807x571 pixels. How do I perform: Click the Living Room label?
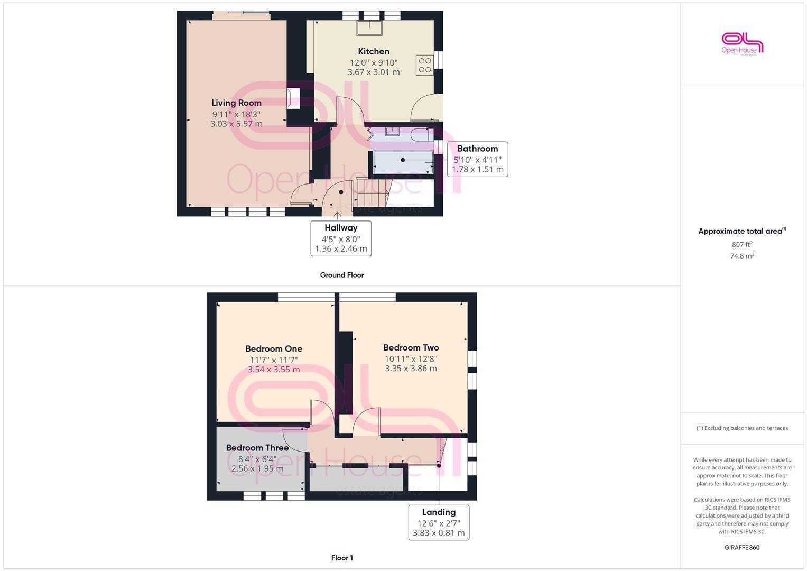(236, 103)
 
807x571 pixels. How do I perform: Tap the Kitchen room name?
(374, 51)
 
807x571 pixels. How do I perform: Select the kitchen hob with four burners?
(425, 65)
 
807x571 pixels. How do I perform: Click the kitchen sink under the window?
(369, 27)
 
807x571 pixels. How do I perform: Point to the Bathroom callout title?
(477, 149)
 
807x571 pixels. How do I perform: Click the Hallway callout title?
(341, 228)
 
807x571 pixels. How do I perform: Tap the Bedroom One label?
(274, 349)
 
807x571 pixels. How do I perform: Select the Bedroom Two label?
(411, 348)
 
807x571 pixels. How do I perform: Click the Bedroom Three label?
(257, 448)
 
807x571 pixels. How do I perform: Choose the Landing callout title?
(439, 512)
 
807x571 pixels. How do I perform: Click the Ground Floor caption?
(342, 275)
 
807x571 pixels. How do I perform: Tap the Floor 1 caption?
(342, 558)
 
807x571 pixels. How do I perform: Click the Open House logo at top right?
(743, 44)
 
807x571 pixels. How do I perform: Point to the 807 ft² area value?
(742, 245)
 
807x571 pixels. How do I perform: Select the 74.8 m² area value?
(742, 256)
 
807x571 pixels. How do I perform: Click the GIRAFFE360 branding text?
(742, 548)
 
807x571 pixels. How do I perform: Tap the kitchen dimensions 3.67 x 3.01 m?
(374, 72)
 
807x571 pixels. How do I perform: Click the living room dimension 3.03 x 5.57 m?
(236, 124)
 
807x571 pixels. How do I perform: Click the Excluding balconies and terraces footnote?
(742, 428)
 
